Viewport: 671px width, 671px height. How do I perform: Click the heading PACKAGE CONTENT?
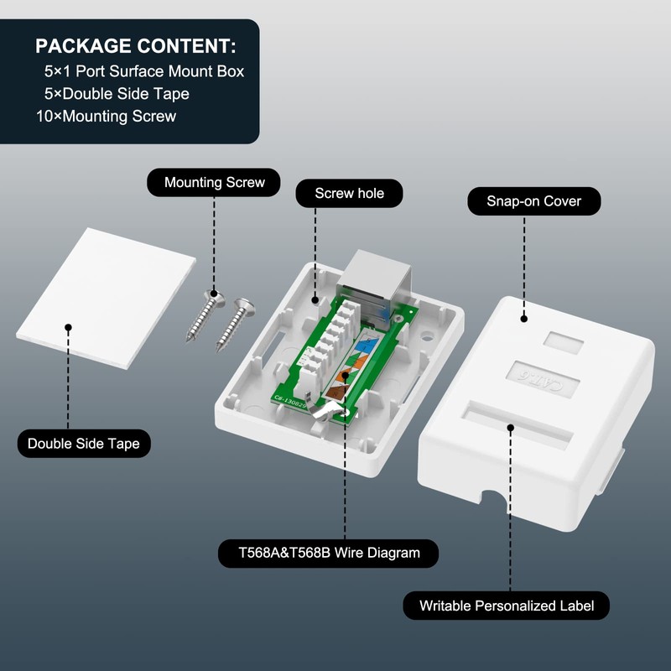coord(136,45)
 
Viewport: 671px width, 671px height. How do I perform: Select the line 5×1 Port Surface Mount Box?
coord(144,71)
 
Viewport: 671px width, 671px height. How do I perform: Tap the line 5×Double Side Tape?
coord(117,94)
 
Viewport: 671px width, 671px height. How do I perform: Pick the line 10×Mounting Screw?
coord(107,117)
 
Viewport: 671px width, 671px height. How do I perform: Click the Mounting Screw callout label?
coord(214,183)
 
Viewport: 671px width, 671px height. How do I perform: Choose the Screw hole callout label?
coord(349,194)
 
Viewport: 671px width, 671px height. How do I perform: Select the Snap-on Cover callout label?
coord(533,201)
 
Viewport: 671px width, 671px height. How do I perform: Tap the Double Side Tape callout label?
coord(84,443)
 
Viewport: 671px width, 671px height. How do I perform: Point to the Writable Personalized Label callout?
coord(506,606)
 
